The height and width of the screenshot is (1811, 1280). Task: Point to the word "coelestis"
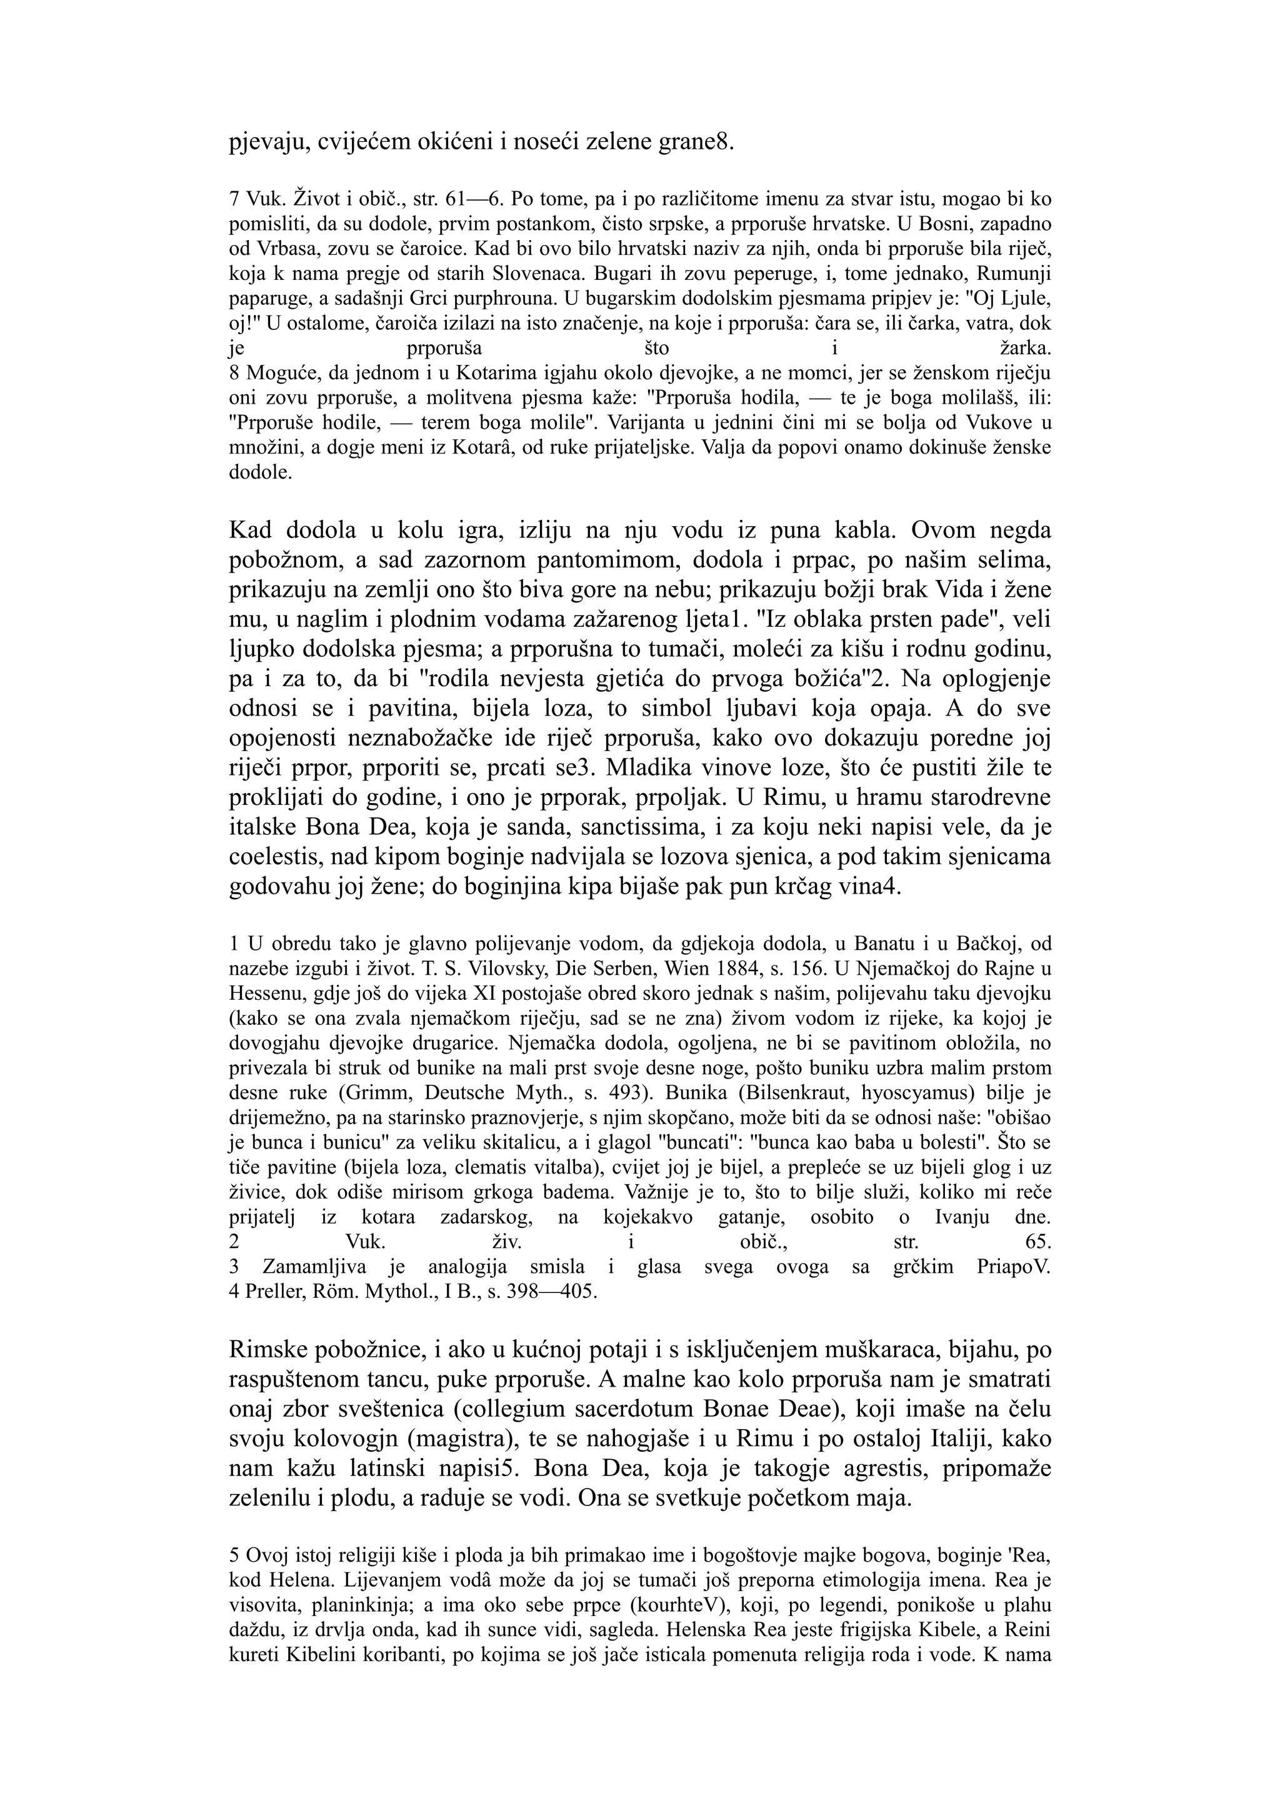pyautogui.click(x=271, y=857)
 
